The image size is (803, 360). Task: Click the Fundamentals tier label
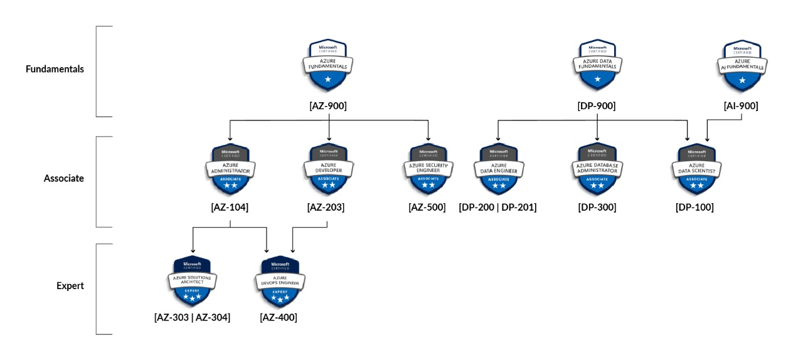55,69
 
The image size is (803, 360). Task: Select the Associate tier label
63,178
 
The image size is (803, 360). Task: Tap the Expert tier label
70,285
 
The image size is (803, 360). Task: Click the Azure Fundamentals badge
328,65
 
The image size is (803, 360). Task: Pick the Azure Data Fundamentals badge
597,65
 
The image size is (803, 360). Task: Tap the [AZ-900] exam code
328,106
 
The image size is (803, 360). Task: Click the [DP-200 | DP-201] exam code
497,208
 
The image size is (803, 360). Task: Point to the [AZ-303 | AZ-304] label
192,317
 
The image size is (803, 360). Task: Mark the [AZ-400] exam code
279,317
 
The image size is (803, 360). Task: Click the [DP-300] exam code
597,208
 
